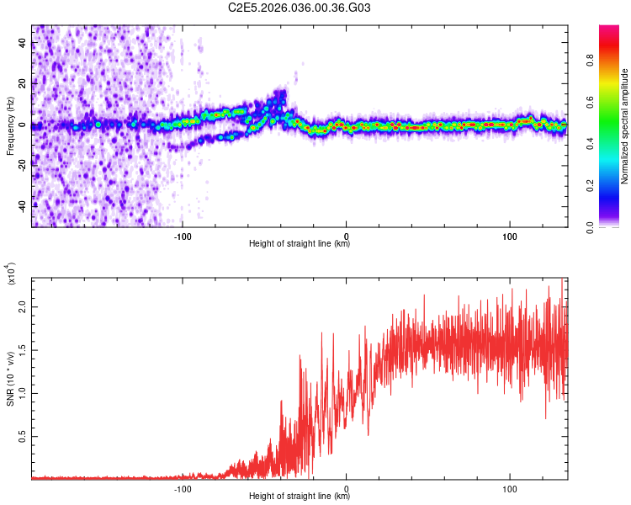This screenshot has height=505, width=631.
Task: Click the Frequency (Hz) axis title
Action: (x=10, y=126)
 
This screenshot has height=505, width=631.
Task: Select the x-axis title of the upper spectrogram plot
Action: (x=300, y=244)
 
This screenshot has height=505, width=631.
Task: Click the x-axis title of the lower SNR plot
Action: (x=300, y=497)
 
